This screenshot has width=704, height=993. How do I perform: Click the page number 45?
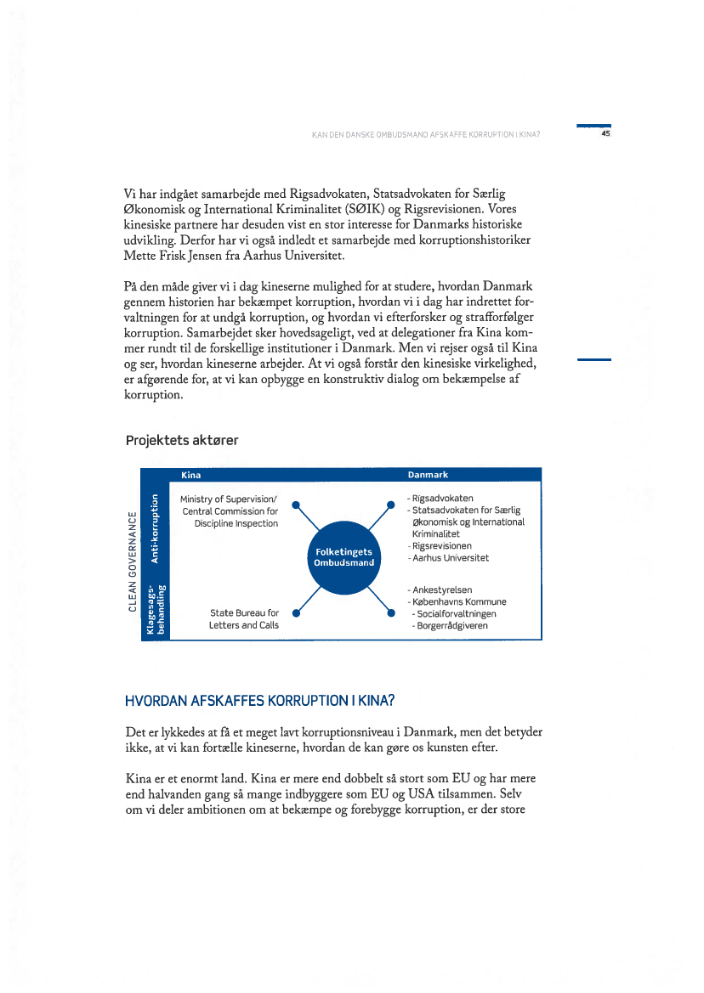[605, 133]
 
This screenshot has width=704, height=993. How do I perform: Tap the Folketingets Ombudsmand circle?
[343, 556]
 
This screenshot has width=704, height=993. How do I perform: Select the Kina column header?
[190, 475]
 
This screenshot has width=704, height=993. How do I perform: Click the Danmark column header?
[428, 475]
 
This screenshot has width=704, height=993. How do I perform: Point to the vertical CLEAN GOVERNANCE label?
[132, 560]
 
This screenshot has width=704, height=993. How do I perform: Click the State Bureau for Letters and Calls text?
[244, 618]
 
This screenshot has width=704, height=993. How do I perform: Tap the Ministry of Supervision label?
[230, 511]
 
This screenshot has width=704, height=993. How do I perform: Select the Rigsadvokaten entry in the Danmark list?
[442, 499]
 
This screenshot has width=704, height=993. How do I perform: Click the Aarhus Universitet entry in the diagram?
[450, 558]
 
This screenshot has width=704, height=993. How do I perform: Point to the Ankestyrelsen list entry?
[442, 590]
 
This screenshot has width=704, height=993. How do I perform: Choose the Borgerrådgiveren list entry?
[451, 625]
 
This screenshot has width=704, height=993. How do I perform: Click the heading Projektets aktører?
[182, 440]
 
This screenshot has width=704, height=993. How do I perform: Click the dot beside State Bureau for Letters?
[295, 612]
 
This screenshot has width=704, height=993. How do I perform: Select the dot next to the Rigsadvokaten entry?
[390, 505]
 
